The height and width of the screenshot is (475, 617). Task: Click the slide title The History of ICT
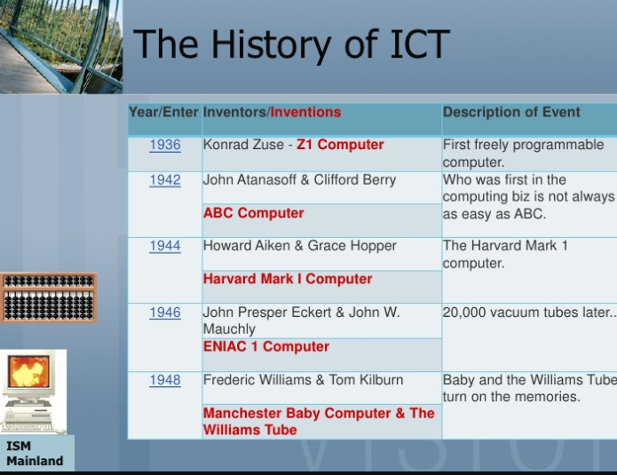click(291, 45)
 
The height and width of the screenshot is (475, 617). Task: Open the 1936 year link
click(165, 145)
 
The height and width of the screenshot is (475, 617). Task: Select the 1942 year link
click(165, 180)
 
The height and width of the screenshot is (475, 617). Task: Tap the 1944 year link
click(165, 246)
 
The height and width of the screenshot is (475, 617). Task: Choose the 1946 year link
click(165, 313)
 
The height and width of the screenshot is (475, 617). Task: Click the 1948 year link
click(165, 380)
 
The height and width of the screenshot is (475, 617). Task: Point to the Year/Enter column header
click(163, 112)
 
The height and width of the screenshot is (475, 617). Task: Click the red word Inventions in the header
click(305, 112)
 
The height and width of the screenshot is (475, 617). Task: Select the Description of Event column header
click(511, 112)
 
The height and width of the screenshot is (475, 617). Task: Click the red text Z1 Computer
click(340, 145)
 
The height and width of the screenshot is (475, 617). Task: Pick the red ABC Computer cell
click(253, 213)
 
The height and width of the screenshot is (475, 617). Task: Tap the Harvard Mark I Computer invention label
click(288, 279)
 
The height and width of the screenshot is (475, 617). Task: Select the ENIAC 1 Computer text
click(266, 347)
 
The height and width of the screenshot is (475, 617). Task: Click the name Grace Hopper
click(352, 246)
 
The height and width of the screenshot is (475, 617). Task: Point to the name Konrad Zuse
click(243, 145)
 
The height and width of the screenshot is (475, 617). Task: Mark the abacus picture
click(49, 297)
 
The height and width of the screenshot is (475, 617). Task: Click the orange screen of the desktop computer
click(29, 371)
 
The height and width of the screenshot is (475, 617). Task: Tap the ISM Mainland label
click(35, 454)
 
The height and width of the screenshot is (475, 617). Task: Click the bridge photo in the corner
click(61, 46)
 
